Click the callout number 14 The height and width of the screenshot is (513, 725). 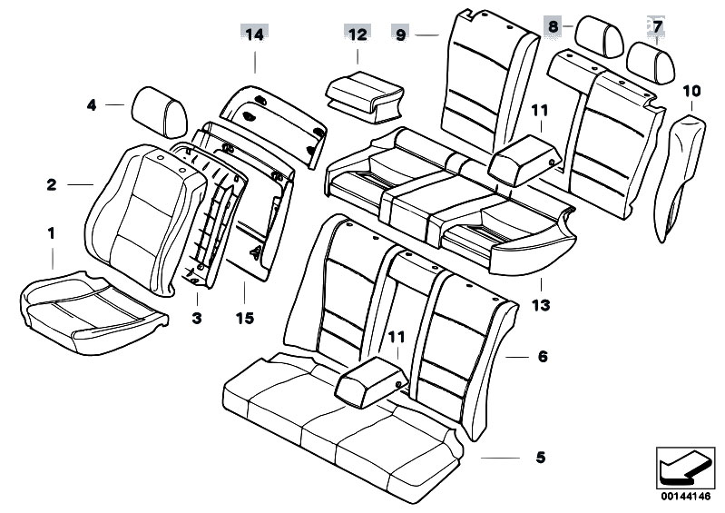(x=254, y=35)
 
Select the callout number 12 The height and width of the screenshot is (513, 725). (x=358, y=35)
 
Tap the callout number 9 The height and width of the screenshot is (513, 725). (x=400, y=35)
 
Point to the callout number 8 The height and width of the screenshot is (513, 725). (x=554, y=26)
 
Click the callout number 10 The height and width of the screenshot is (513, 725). (x=691, y=91)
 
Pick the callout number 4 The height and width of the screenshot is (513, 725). (x=92, y=105)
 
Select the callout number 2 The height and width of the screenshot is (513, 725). (x=52, y=185)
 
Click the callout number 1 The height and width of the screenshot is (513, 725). (x=52, y=233)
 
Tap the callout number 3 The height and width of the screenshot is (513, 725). (x=197, y=318)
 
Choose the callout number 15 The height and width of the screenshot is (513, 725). (x=245, y=318)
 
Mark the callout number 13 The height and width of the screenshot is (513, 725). (x=541, y=305)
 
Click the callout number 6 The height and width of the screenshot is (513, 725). (x=543, y=357)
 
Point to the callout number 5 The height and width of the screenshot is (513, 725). (x=541, y=458)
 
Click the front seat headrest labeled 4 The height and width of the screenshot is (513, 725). (x=160, y=112)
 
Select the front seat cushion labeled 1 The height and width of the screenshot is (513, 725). (x=93, y=312)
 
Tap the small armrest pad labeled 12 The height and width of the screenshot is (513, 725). (x=365, y=96)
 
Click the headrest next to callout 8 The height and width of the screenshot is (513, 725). (x=600, y=36)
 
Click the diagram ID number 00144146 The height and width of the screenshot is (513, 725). (x=685, y=497)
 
